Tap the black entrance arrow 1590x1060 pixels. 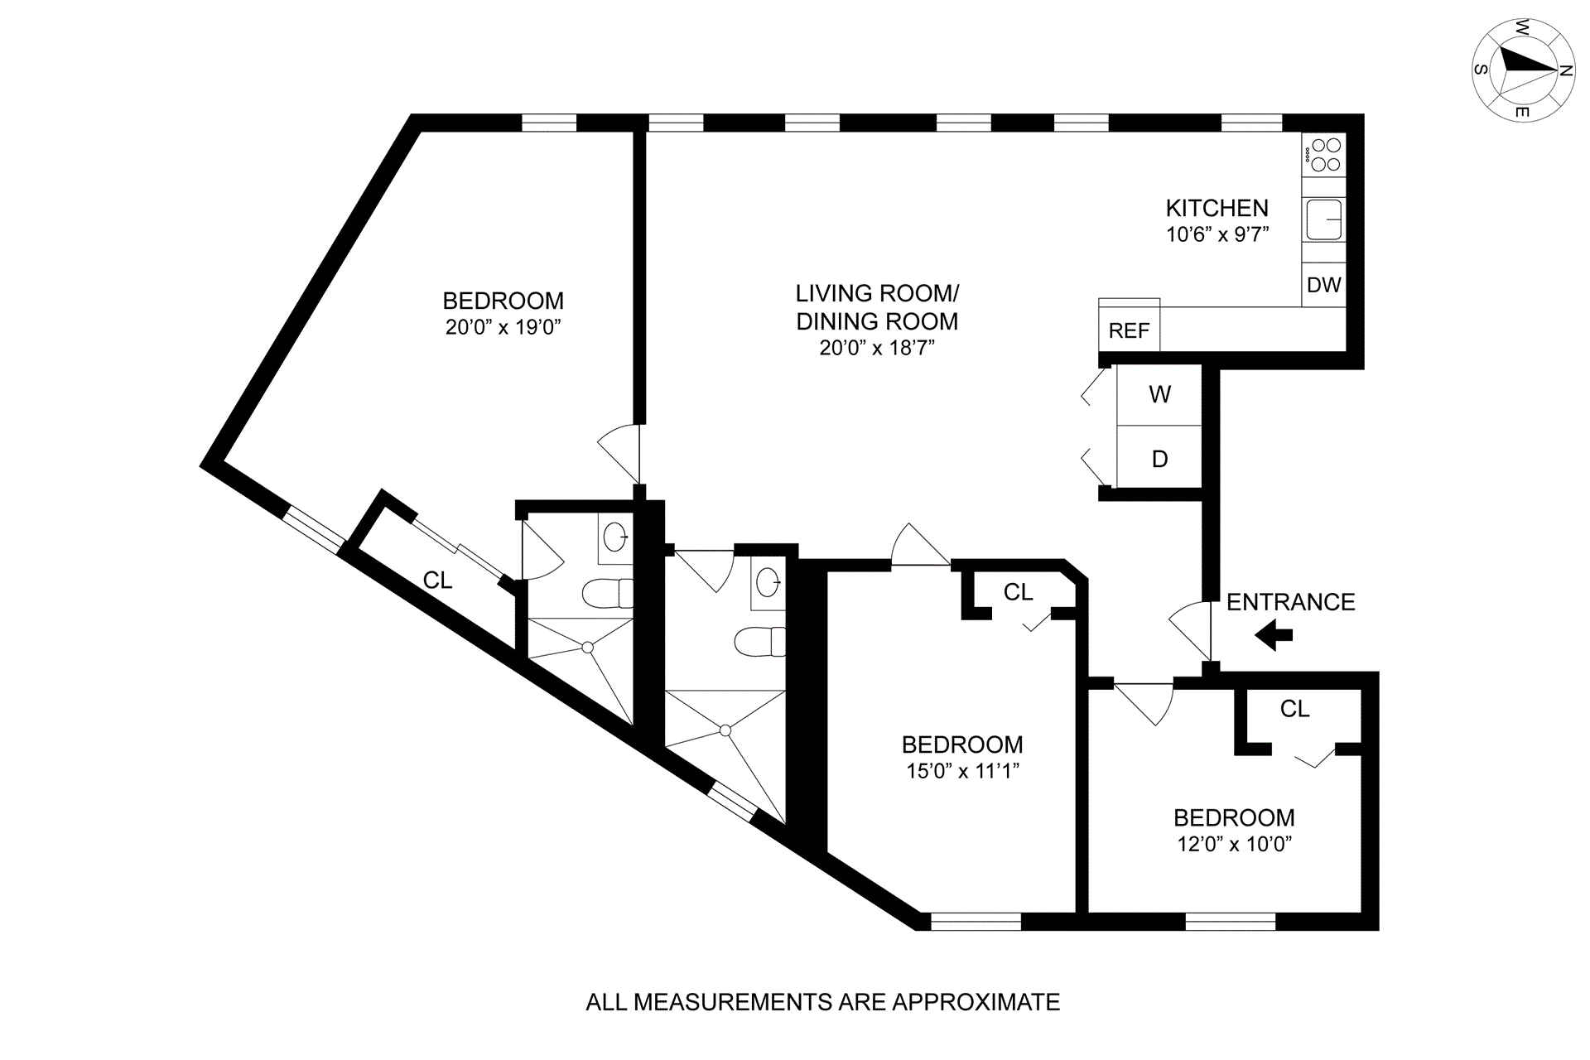1274,636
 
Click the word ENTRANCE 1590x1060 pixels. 1290,602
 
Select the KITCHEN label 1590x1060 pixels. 1217,208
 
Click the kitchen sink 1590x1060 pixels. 1323,219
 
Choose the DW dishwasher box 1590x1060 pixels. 1323,285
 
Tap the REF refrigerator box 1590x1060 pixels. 1129,330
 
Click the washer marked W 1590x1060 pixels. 1159,394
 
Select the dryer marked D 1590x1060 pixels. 1159,459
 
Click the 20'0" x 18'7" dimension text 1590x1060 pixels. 877,348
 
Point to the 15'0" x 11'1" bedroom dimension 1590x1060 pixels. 962,771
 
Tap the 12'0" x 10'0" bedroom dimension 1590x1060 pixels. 1234,844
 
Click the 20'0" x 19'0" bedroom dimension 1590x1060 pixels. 503,327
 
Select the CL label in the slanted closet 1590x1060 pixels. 437,581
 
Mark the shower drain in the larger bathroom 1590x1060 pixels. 725,730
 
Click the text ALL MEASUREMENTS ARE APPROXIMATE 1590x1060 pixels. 822,1002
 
